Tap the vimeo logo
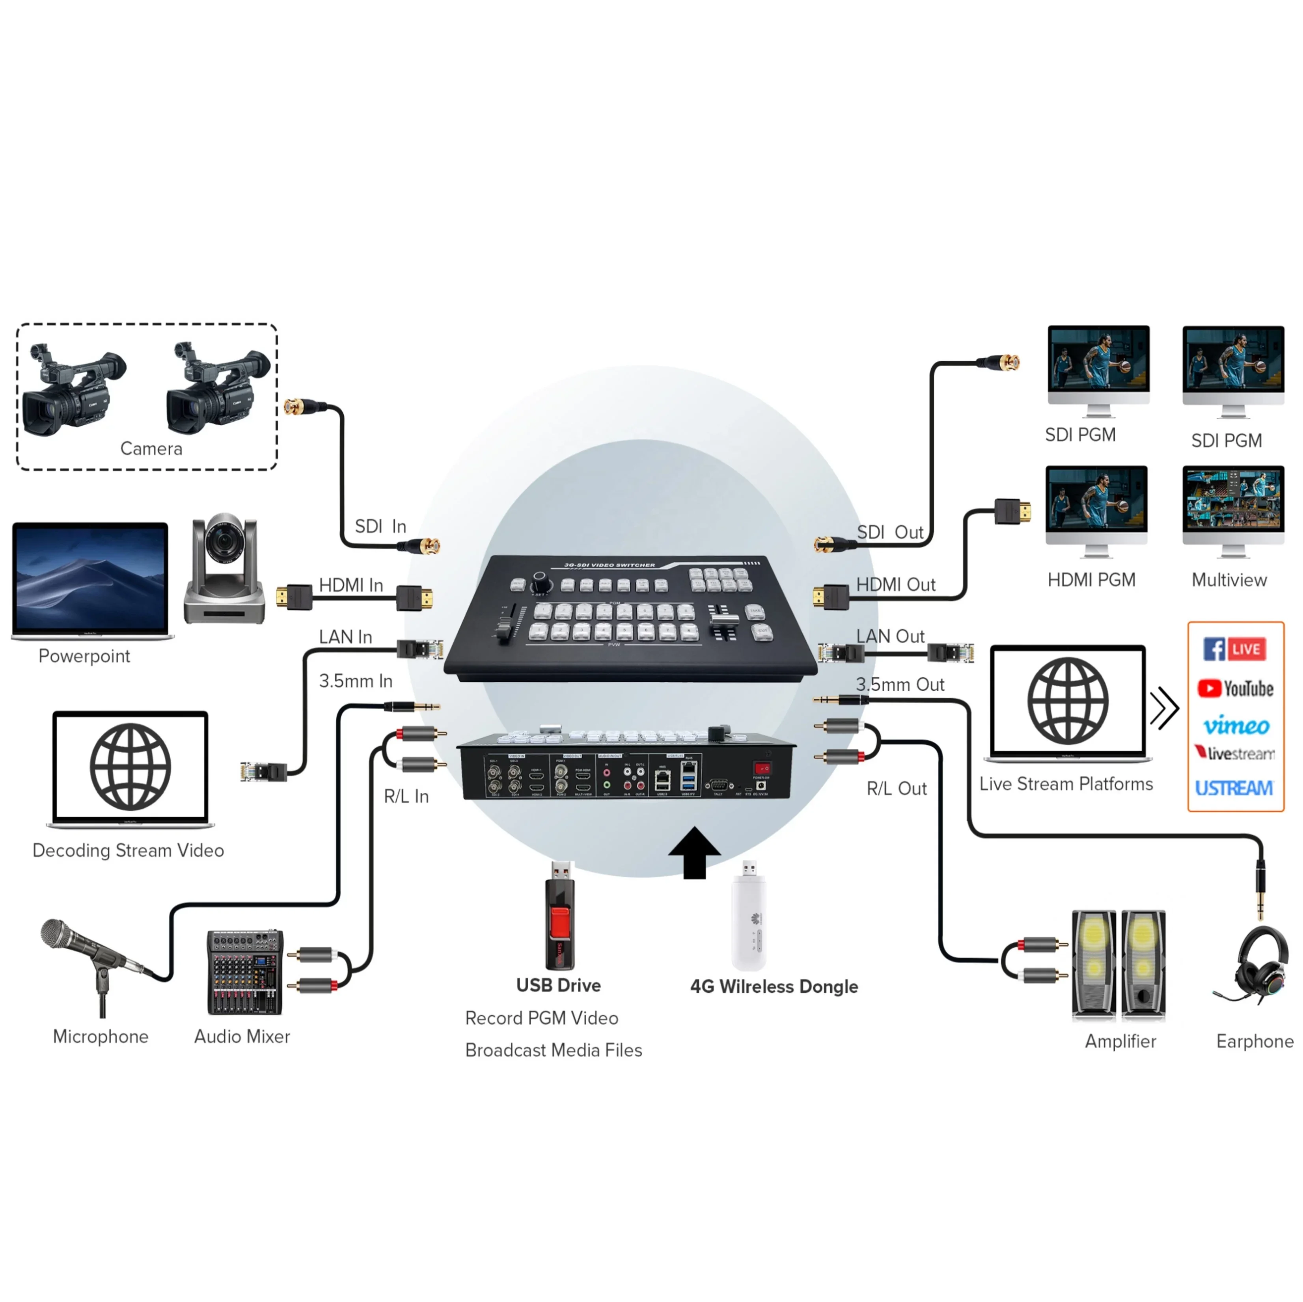pos(1236,725)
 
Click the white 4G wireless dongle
pos(749,917)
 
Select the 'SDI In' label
pos(380,526)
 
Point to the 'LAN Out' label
pos(890,636)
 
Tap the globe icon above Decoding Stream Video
pos(130,766)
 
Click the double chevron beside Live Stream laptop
pos(1164,708)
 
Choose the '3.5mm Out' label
pos(900,684)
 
